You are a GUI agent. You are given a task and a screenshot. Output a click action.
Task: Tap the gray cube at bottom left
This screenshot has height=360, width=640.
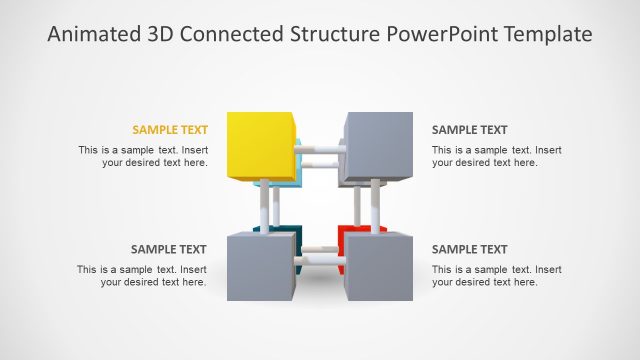click(x=260, y=267)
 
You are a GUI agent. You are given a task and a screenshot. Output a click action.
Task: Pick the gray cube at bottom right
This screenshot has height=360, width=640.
click(x=379, y=267)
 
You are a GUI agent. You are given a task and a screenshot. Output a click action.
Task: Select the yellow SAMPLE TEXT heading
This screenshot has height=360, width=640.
click(x=170, y=130)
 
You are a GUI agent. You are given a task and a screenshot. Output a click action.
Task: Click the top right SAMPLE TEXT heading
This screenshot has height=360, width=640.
click(x=469, y=130)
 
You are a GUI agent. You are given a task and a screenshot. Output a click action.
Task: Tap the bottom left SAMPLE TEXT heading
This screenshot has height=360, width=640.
click(x=169, y=250)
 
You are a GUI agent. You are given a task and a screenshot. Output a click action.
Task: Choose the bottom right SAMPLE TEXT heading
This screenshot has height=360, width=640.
click(x=469, y=250)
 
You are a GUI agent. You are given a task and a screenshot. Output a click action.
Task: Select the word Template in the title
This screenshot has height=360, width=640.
click(x=549, y=35)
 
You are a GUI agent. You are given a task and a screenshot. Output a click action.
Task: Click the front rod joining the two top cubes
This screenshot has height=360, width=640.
click(x=319, y=150)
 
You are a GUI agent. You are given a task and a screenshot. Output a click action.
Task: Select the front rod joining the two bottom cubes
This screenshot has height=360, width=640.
click(x=319, y=262)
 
